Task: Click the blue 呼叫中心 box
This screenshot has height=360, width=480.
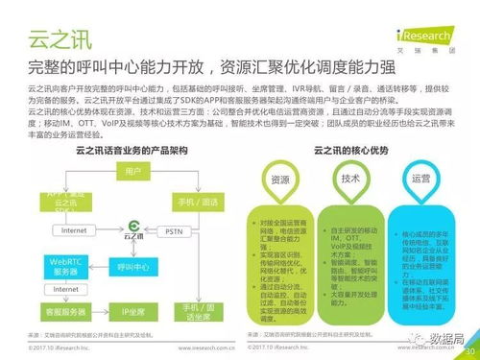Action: tap(132, 264)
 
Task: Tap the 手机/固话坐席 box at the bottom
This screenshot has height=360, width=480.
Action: tap(198, 309)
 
